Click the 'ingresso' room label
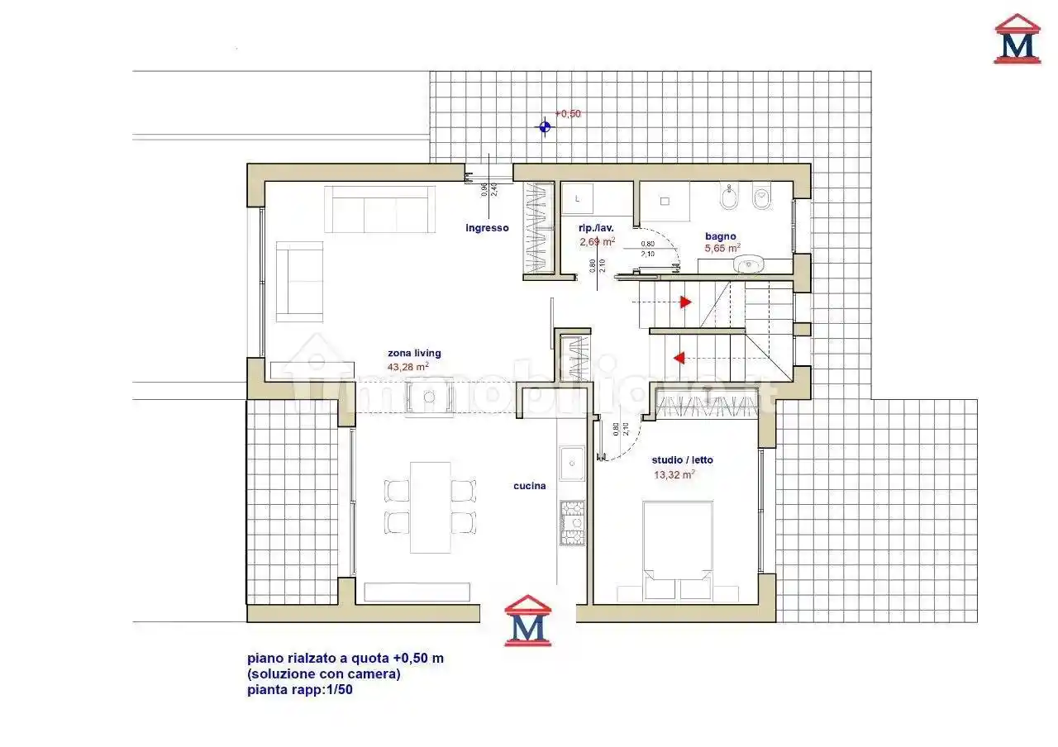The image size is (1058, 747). pos(487,228)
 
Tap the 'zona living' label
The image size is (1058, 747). pos(414,354)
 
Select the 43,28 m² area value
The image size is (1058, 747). pos(407,367)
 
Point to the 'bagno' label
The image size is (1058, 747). pos(720,236)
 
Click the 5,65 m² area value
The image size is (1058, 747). pos(722,248)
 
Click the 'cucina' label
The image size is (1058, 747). pos(529,486)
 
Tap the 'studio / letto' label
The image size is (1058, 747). pos(682,460)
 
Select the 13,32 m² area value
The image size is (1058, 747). pos(674,474)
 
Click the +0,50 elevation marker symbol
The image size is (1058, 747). pos(544,126)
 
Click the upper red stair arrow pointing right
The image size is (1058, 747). pos(685,302)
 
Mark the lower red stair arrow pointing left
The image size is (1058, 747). pos(679,358)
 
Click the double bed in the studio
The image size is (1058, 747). pos(678,550)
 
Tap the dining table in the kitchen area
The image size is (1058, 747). pos(430,507)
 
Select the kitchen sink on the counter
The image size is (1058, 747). pos(571,464)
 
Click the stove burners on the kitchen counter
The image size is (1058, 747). pos(571,524)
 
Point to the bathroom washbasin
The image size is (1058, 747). pos(751,265)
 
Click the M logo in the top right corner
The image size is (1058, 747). pos(1017,39)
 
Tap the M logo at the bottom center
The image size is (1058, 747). pos(527,621)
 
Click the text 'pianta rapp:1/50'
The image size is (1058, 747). pos(300,690)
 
